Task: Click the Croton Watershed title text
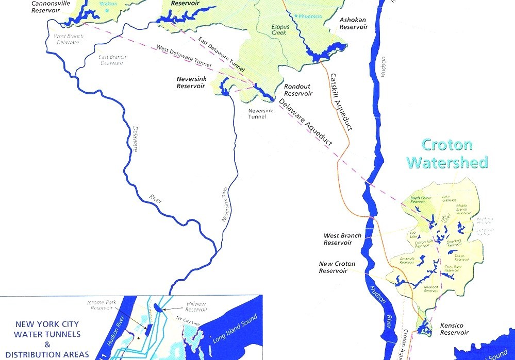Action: (446, 153)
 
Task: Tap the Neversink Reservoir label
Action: (191, 83)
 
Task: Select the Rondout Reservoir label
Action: (298, 90)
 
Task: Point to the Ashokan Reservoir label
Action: (353, 23)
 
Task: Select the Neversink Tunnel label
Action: (257, 113)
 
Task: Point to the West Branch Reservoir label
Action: (342, 239)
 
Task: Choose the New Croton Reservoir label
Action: (337, 267)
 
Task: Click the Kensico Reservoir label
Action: (454, 329)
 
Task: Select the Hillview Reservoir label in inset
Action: (196, 307)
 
